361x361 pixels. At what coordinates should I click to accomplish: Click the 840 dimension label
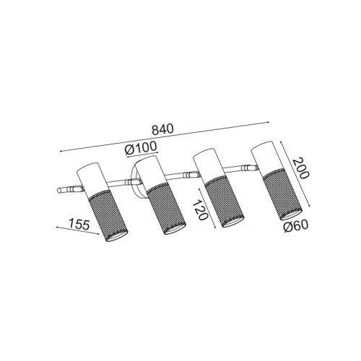pos(162,129)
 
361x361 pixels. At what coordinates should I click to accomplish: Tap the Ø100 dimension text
pos(141,148)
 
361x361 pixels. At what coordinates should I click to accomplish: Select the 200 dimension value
pos(300,168)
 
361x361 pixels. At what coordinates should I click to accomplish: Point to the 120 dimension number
pos(200,209)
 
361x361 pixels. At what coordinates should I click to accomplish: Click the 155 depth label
pos(79,224)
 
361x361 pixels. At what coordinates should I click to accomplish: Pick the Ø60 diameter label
pos(295,227)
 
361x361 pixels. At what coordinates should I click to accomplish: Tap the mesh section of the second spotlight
pos(166,208)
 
